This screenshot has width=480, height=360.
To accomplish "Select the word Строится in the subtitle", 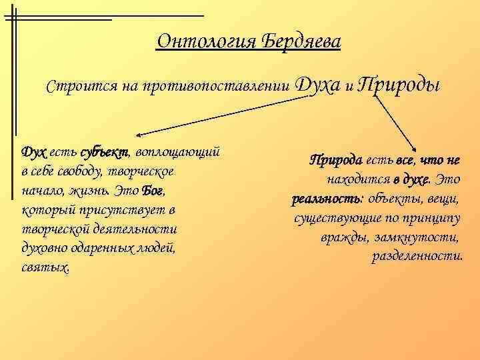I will point(73,86).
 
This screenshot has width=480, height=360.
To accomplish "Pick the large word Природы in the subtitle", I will point(398,85).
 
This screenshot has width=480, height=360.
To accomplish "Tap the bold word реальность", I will point(317,199).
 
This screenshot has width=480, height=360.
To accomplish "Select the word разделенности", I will point(417,257).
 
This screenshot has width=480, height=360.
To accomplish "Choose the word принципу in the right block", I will point(437,218).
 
